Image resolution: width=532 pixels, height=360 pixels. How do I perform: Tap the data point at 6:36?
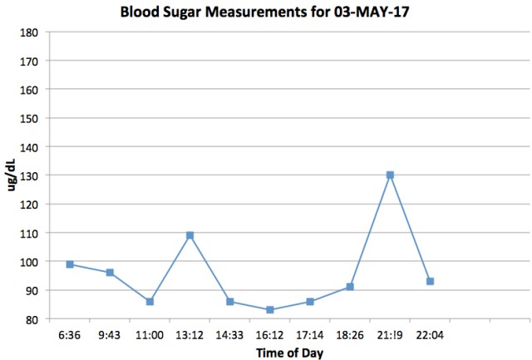70,264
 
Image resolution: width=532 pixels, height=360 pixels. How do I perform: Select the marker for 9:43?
110,273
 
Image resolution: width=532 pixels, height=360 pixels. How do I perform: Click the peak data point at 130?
390,175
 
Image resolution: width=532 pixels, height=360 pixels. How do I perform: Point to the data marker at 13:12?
190,235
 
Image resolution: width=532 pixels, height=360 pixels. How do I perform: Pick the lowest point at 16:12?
270,310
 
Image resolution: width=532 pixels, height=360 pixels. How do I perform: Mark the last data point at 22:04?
430,281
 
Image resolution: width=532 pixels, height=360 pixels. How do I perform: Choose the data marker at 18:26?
350,287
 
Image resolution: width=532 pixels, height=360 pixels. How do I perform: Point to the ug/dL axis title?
11,175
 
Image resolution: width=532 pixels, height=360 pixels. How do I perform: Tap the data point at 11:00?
150,301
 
